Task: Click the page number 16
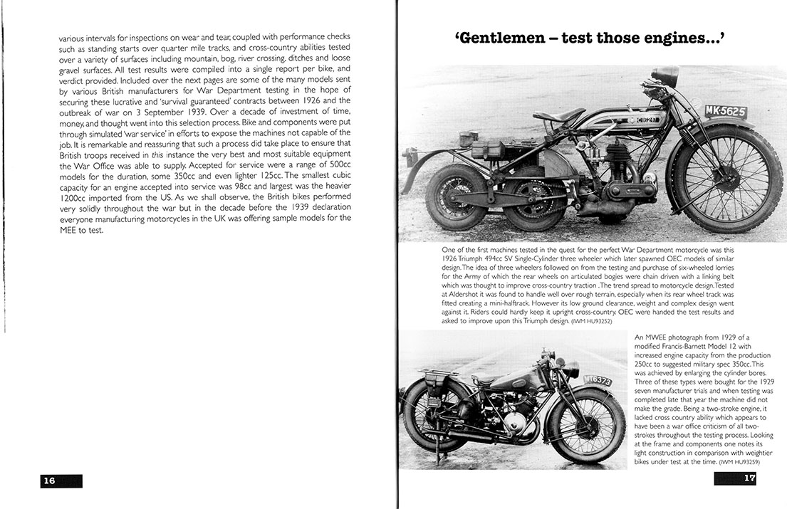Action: (x=49, y=481)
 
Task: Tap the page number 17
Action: (x=749, y=478)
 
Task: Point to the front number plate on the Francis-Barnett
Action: (x=598, y=381)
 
